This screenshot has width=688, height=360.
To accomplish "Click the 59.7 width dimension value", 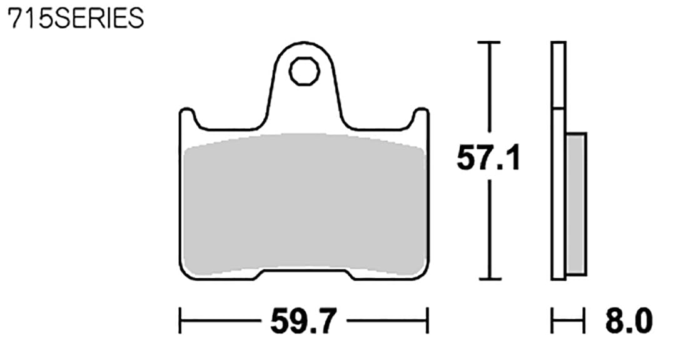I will pos(303,322).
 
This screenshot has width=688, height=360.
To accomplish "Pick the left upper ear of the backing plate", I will pos(187,118).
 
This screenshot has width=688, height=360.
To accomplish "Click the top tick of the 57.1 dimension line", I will pos(488,42).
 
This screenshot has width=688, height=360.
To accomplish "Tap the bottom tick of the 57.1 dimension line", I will pos(488,279).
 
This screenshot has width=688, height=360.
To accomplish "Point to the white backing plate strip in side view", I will pos(559,187).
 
